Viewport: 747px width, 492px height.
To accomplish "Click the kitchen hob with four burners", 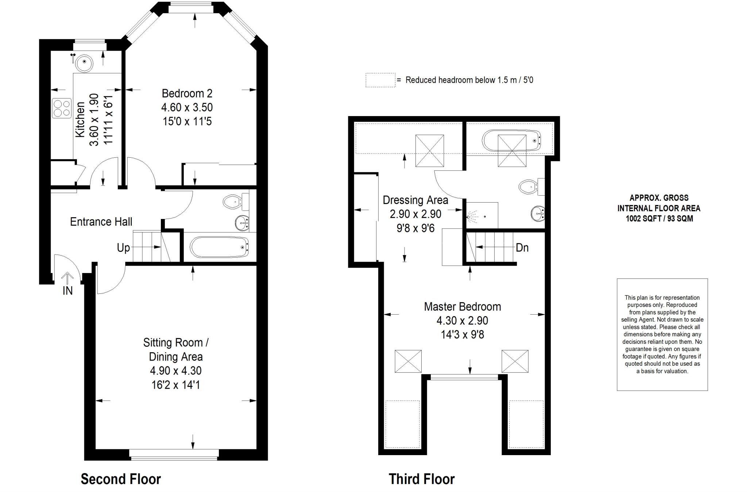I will [x=62, y=108].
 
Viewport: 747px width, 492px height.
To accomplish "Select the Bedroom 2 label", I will [x=187, y=93].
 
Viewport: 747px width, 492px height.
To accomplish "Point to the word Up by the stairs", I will [x=123, y=248].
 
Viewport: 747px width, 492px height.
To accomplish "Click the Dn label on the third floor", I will [x=522, y=248].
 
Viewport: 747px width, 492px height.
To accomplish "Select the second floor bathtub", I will [x=219, y=247].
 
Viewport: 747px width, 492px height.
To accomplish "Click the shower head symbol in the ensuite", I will [x=473, y=216].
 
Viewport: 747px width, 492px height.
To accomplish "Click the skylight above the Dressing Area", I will [x=430, y=151].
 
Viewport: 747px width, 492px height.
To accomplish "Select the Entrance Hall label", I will [x=101, y=222].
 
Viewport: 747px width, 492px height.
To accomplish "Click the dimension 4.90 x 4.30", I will [x=175, y=370].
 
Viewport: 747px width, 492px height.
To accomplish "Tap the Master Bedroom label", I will [x=462, y=307].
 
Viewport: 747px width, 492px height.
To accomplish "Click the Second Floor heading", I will [x=121, y=479].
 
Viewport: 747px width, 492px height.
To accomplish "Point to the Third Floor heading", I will [x=422, y=479].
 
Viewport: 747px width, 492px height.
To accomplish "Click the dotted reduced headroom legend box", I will [x=380, y=80].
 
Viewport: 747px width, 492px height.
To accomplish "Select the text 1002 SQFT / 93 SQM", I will [x=659, y=219].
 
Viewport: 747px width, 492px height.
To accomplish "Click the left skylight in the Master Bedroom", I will [x=408, y=361].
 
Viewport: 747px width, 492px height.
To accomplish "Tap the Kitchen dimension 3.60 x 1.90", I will [x=94, y=120].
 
